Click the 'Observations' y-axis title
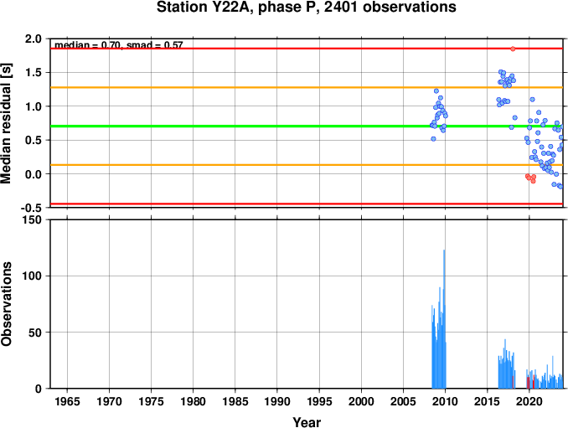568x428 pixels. click(x=8, y=304)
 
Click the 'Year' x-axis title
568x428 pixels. click(x=306, y=422)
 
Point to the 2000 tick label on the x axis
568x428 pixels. click(x=361, y=403)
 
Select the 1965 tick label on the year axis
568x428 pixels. click(x=68, y=403)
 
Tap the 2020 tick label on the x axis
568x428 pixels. click(x=529, y=403)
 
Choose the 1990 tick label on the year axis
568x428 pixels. click(x=277, y=403)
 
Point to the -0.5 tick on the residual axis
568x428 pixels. click(x=31, y=209)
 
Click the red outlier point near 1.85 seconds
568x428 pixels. click(x=513, y=49)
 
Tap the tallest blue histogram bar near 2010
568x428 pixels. click(x=444, y=318)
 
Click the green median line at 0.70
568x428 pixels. click(x=251, y=126)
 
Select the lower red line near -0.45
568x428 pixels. click(x=251, y=204)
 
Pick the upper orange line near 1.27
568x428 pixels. click(x=251, y=87)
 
